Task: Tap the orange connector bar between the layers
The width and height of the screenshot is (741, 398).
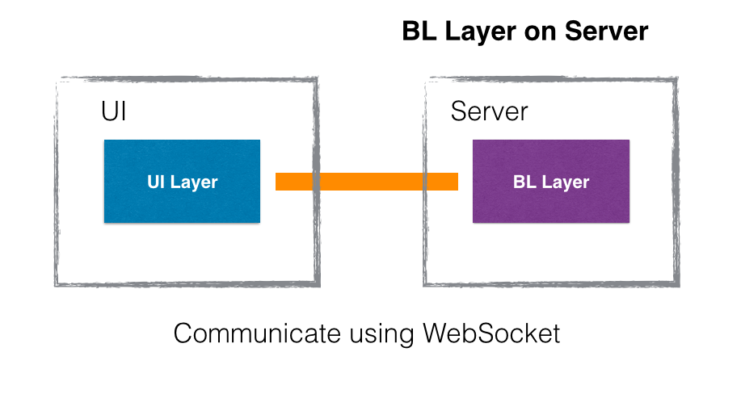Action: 367,182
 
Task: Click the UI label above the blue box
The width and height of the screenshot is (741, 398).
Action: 114,111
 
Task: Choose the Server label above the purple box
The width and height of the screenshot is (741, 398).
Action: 489,111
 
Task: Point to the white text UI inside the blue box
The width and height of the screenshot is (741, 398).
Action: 156,182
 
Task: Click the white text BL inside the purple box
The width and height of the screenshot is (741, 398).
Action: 524,182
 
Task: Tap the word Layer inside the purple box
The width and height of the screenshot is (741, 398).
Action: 566,182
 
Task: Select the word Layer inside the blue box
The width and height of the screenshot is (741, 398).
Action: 194,182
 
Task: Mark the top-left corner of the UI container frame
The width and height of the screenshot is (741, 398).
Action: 57,79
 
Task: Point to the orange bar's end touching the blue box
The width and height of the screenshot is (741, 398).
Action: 278,182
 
